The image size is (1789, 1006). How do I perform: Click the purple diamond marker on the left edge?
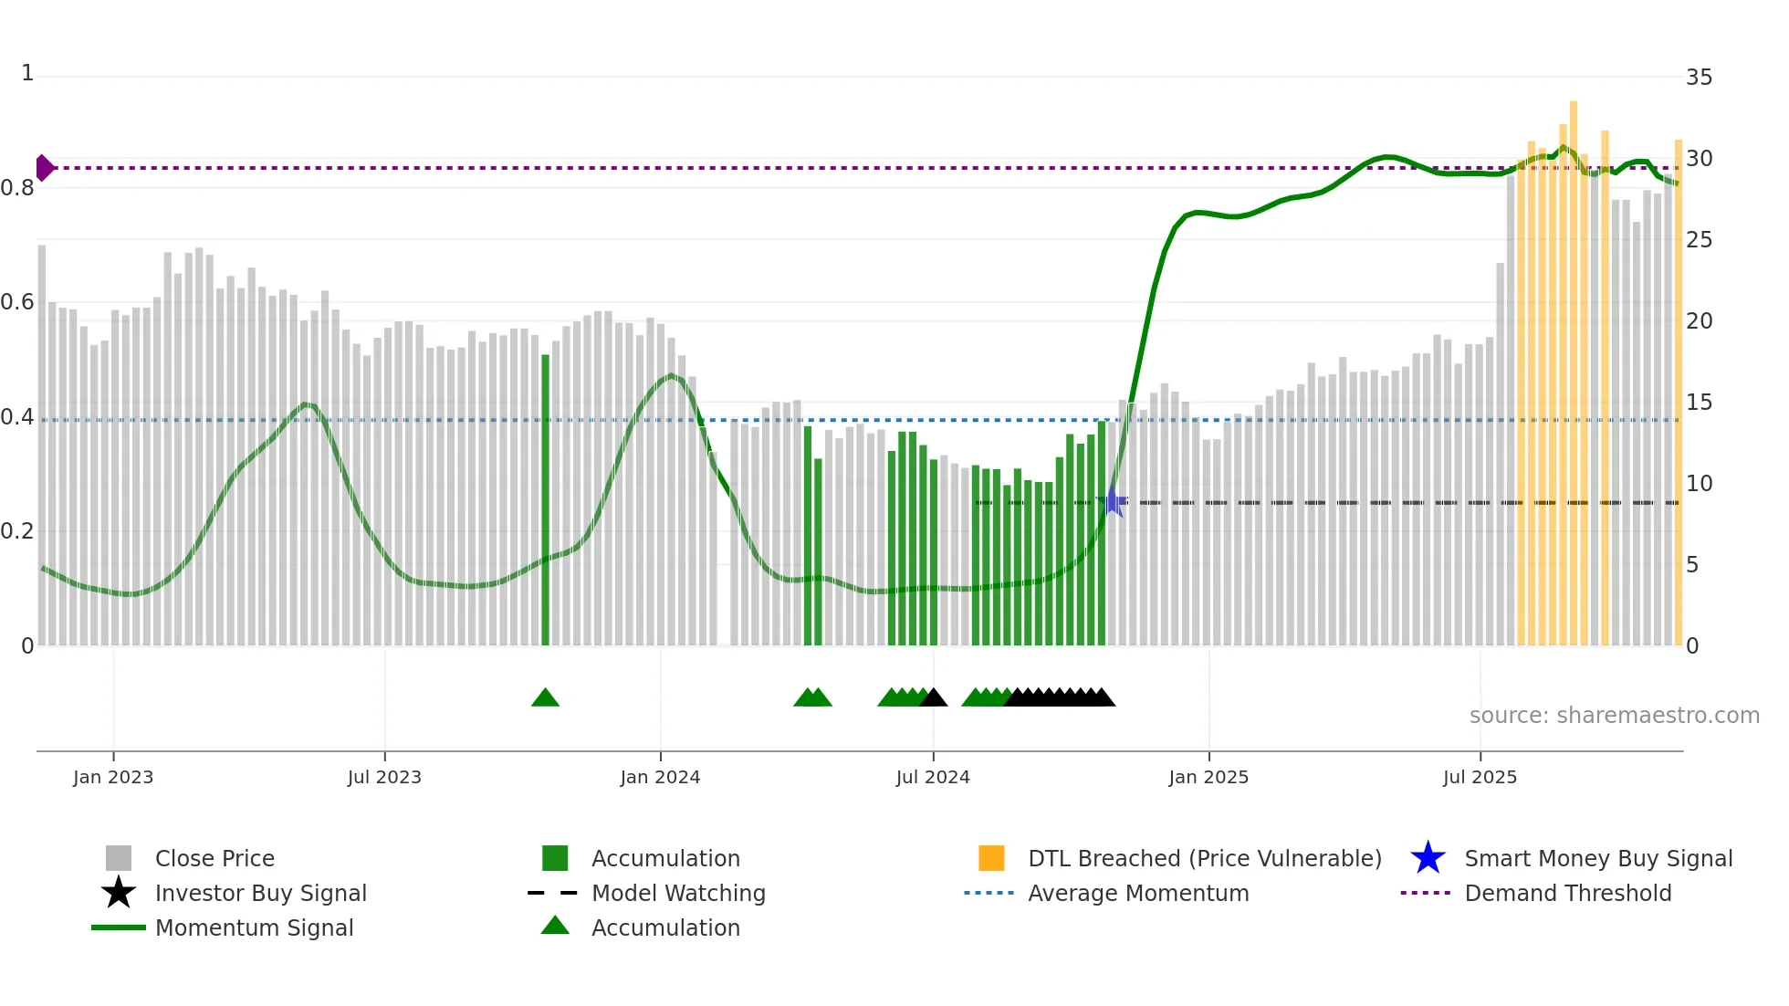pyautogui.click(x=44, y=168)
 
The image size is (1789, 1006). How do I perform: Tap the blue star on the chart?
pyautogui.click(x=1113, y=502)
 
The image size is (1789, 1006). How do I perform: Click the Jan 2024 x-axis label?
pyautogui.click(x=660, y=778)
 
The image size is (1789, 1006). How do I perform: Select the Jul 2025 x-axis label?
pyautogui.click(x=1480, y=778)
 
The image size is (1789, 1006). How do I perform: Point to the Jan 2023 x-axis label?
pyautogui.click(x=113, y=778)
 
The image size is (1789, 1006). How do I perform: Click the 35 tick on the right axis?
pyautogui.click(x=1699, y=78)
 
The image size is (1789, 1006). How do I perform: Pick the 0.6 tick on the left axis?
pyautogui.click(x=18, y=302)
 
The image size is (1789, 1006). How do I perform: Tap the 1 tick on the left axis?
pyautogui.click(x=27, y=73)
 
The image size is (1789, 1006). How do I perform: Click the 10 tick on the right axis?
pyautogui.click(x=1699, y=484)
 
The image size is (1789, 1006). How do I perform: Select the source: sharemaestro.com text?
pyautogui.click(x=1614, y=716)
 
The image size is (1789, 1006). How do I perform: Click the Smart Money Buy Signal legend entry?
pyautogui.click(x=1597, y=859)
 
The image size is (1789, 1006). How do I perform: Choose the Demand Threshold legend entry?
pyautogui.click(x=1567, y=894)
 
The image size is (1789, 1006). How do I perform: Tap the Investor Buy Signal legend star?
pyautogui.click(x=119, y=893)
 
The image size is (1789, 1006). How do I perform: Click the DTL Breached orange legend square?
pyautogui.click(x=991, y=858)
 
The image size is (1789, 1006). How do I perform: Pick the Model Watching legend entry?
pyautogui.click(x=677, y=894)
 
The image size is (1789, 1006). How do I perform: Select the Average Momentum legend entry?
pyautogui.click(x=1137, y=894)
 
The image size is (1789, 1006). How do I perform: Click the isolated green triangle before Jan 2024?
pyautogui.click(x=545, y=698)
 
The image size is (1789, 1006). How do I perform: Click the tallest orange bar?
pyautogui.click(x=1574, y=374)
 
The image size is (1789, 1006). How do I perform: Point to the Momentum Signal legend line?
pyautogui.click(x=119, y=927)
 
